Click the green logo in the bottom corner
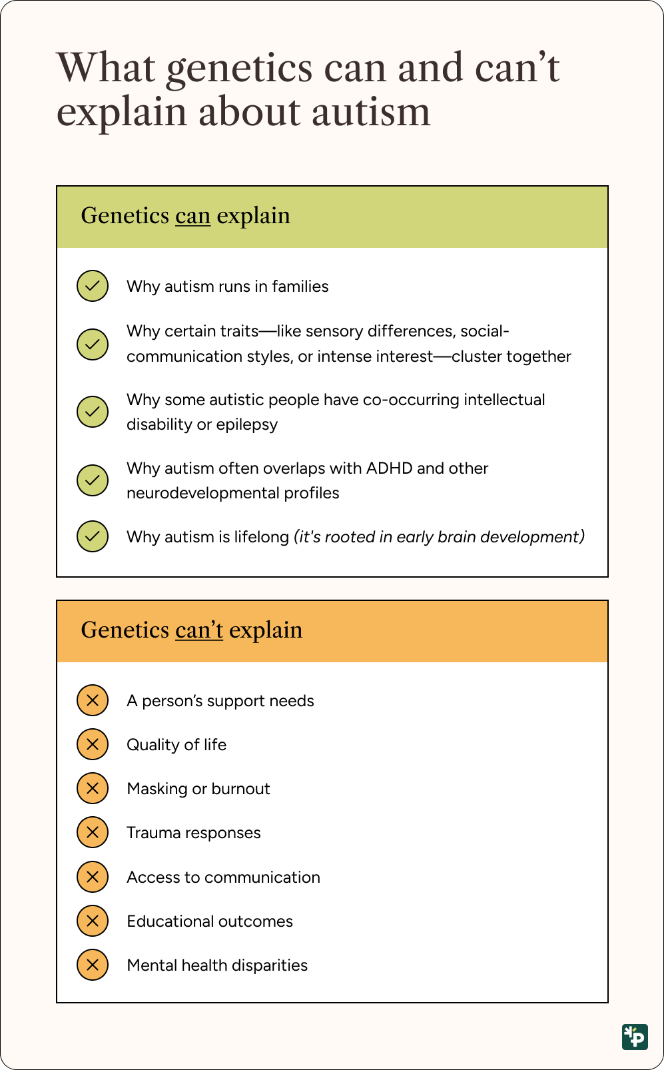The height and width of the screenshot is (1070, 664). coord(635,1037)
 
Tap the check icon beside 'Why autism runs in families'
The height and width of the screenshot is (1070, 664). coord(93,286)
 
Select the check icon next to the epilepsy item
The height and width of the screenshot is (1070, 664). coord(93,412)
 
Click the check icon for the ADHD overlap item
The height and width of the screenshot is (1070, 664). coord(93,480)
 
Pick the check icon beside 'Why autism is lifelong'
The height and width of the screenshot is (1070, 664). coord(93,536)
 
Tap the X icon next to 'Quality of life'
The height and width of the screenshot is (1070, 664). coord(93,744)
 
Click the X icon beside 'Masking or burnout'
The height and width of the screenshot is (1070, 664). coord(93,788)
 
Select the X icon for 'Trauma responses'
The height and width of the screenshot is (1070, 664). coord(93,832)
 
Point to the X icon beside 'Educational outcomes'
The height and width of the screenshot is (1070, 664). coord(93,921)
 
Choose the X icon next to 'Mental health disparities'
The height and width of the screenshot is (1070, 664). coord(93,965)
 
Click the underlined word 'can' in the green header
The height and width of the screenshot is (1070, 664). coord(192,217)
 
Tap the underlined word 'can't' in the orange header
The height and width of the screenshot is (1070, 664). coord(198,630)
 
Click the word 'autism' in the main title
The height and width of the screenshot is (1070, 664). coord(371,112)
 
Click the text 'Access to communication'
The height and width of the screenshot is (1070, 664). coord(223,877)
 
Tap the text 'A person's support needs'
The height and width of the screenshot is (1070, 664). coord(220,701)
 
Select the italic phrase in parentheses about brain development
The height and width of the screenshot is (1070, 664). coord(439,537)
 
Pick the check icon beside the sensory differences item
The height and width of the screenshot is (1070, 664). coord(93,344)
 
